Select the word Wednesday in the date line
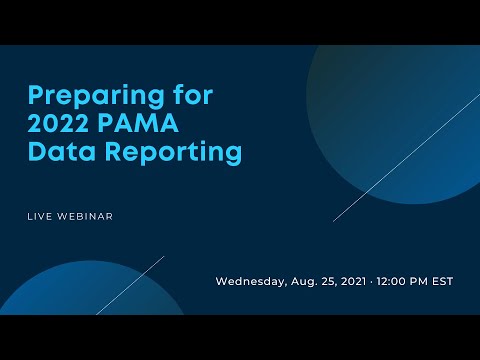pyautogui.click(x=249, y=281)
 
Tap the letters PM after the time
pyautogui.click(x=424, y=281)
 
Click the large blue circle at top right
pyautogui.click(x=400, y=110)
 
